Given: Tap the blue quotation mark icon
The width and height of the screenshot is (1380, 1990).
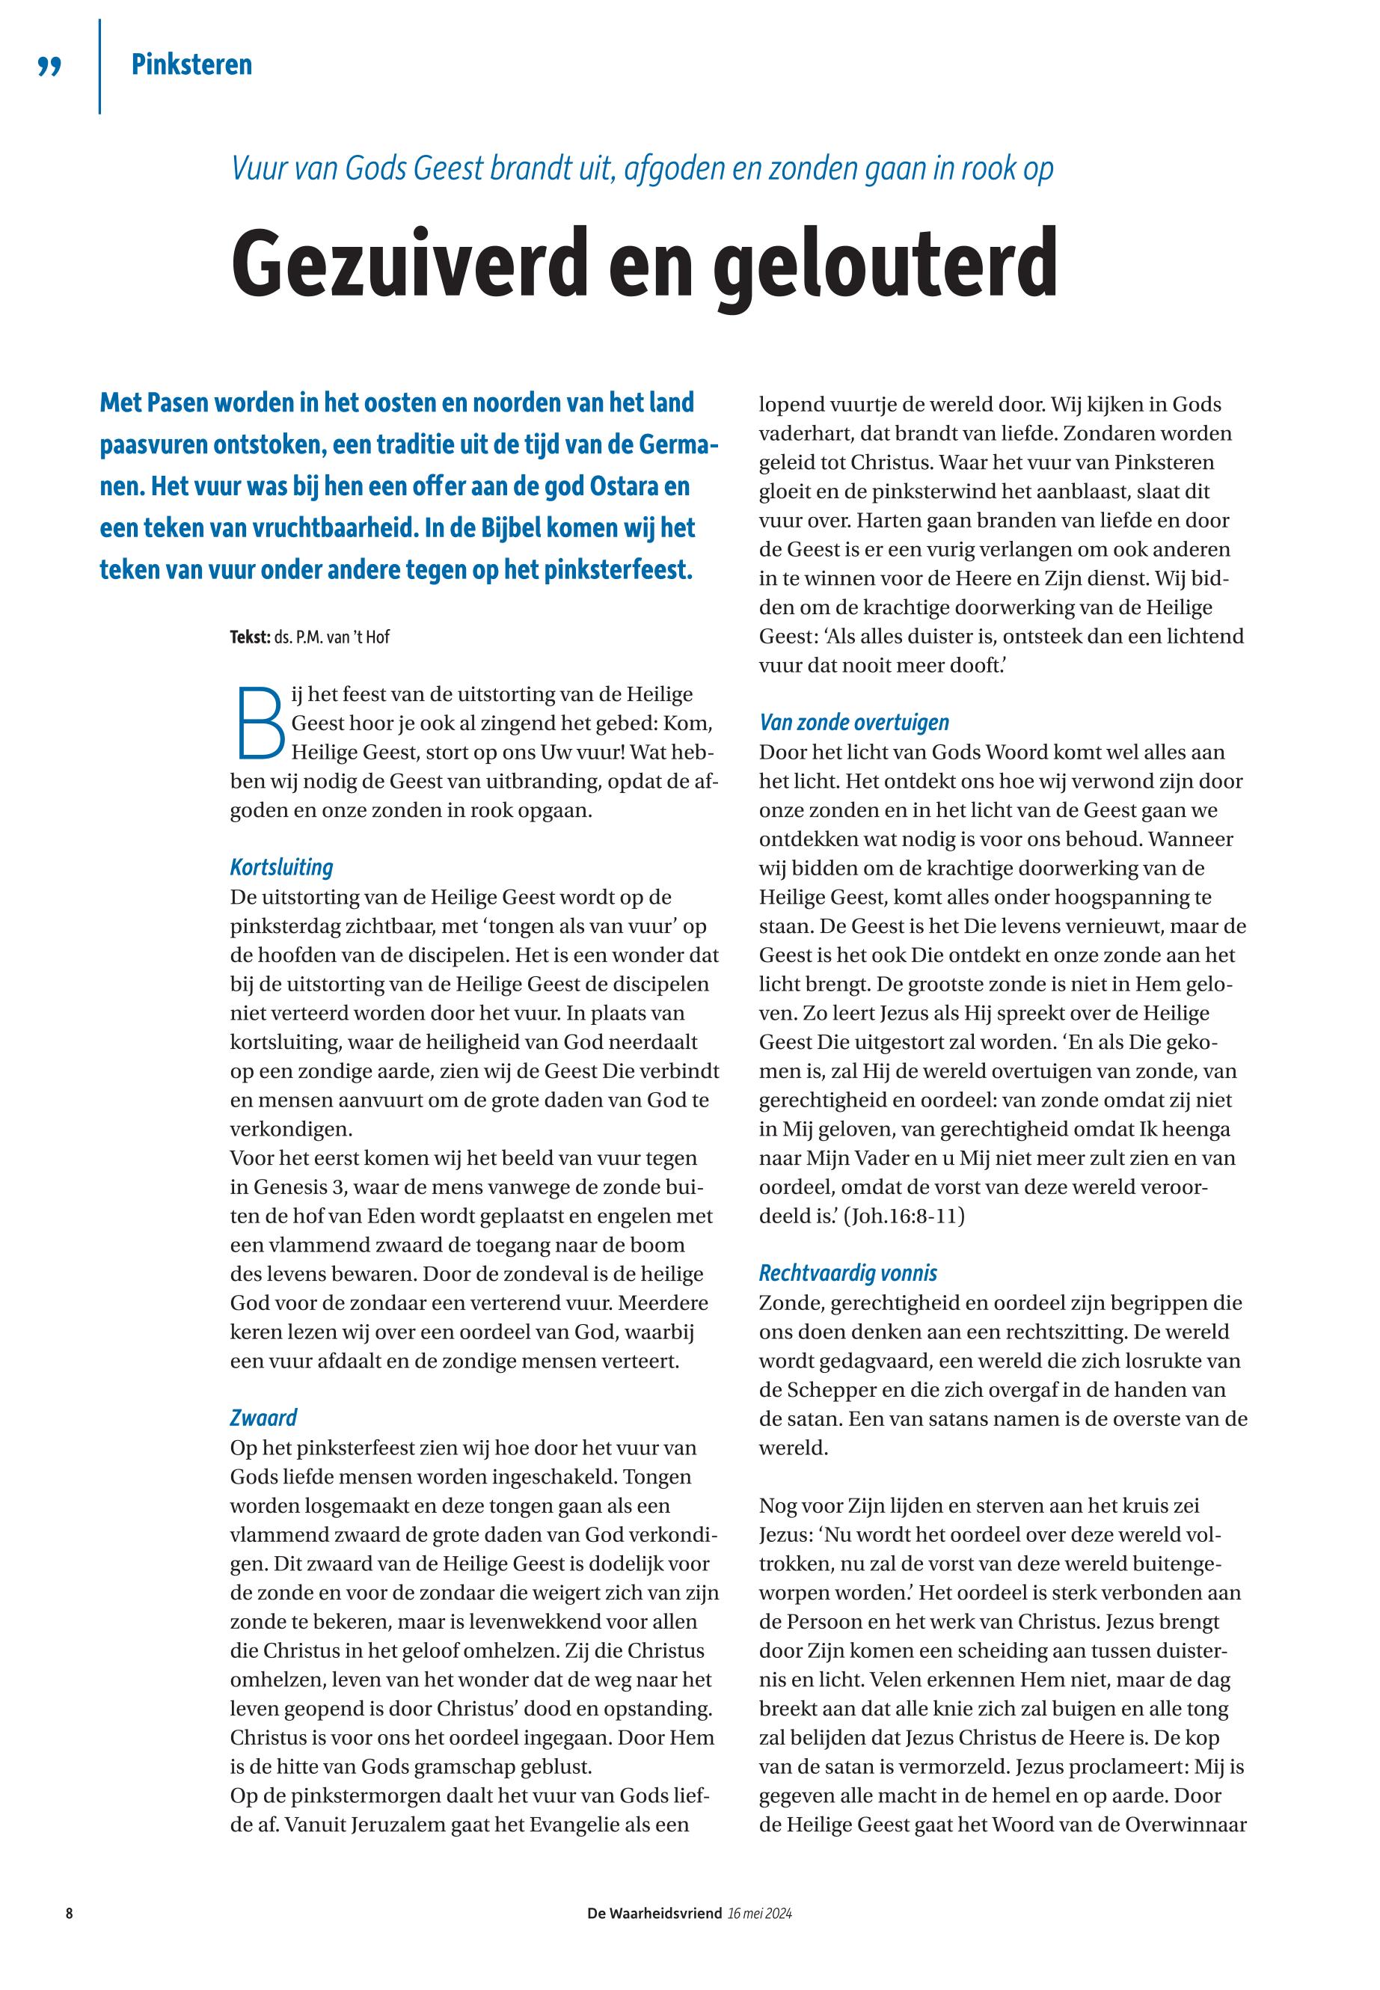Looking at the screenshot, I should click(50, 67).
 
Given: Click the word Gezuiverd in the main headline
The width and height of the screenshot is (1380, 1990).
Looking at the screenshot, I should click(411, 263).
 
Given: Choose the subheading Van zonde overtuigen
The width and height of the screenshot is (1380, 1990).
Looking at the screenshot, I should click(853, 722).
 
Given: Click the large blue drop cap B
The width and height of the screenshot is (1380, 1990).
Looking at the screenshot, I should click(259, 721).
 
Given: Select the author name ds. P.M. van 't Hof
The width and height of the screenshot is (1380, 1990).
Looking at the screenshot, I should click(332, 637).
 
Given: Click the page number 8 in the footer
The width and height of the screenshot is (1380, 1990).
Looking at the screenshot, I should click(69, 1913).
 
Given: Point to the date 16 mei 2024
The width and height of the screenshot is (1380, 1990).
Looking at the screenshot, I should click(760, 1913).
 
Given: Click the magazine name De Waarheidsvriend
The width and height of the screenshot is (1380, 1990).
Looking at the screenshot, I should click(654, 1913).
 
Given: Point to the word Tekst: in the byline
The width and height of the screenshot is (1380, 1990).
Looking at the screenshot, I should click(250, 637).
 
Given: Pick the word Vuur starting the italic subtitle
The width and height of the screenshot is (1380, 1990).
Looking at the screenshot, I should click(257, 168).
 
